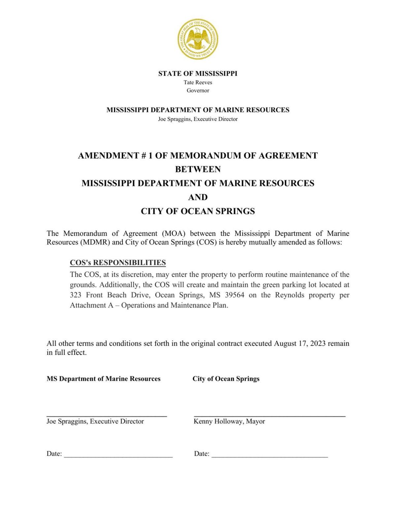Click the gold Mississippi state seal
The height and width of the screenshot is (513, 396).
coord(198,39)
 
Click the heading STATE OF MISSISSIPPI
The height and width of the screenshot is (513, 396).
coord(198,74)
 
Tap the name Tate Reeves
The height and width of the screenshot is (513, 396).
coord(198,83)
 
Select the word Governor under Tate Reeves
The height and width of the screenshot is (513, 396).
coord(198,90)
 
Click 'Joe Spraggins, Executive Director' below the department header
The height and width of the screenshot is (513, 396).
coord(198,119)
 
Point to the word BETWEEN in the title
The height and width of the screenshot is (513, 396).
coord(198,169)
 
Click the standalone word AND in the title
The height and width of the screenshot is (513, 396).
coord(198,197)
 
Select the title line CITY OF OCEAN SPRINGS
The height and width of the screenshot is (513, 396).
coord(198,211)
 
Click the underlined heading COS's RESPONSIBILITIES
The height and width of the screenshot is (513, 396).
coord(118,263)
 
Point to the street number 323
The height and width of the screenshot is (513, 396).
coord(76,295)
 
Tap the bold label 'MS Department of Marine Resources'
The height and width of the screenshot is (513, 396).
coord(103,379)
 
